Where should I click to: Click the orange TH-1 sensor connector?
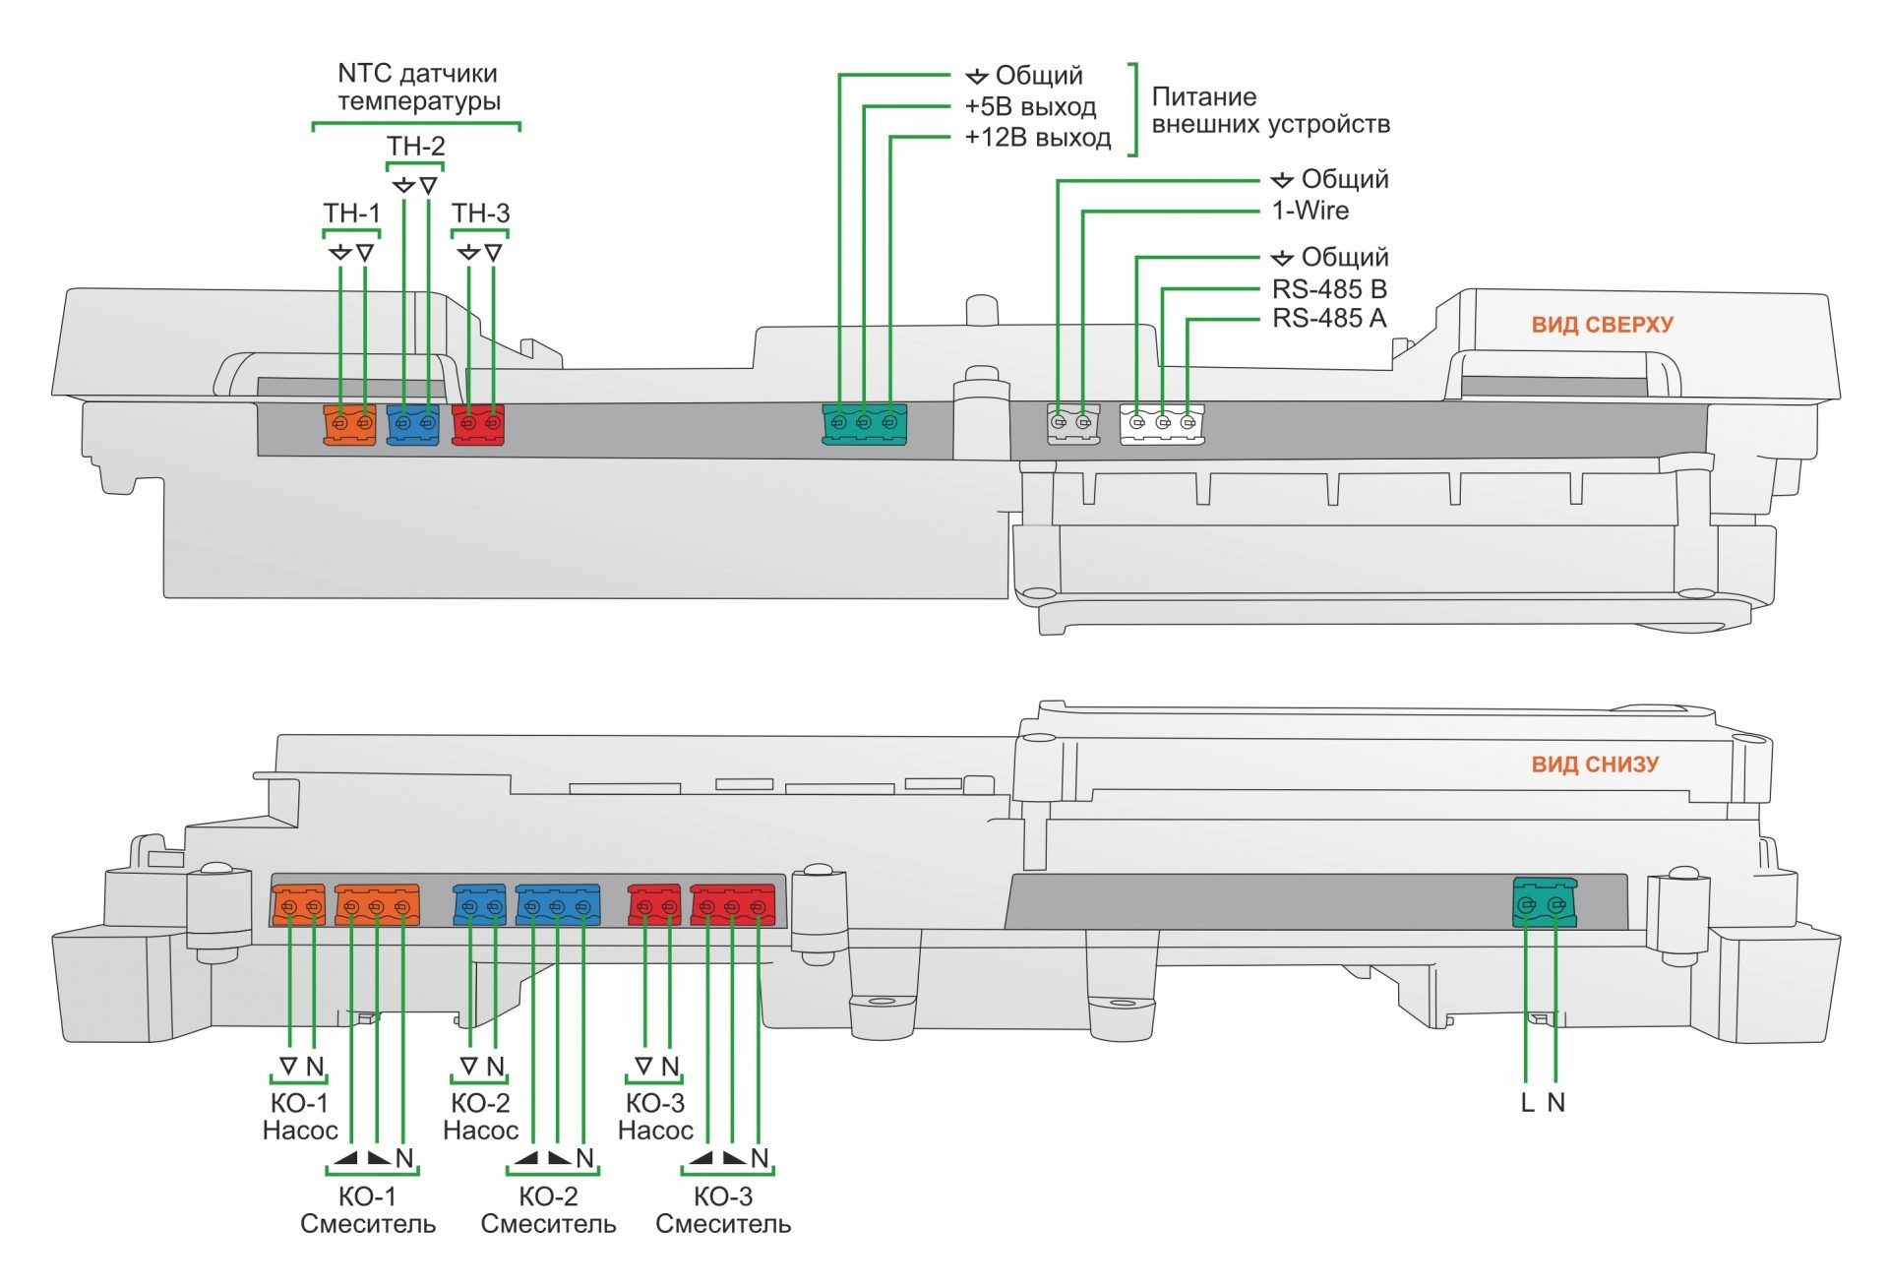pyautogui.click(x=350, y=424)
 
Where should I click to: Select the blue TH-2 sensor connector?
pyautogui.click(x=413, y=424)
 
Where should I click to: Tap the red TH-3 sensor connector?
pyautogui.click(x=478, y=424)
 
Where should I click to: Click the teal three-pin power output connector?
pyautogui.click(x=864, y=424)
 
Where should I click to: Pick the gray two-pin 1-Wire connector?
pyautogui.click(x=1071, y=424)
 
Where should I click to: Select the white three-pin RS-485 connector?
pyautogui.click(x=1162, y=424)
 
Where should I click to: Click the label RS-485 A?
pyautogui.click(x=1329, y=319)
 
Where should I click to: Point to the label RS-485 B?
pyautogui.click(x=1329, y=289)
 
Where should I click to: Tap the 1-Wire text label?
pyautogui.click(x=1310, y=211)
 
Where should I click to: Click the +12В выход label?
pyautogui.click(x=1038, y=138)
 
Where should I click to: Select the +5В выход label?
pyautogui.click(x=1030, y=107)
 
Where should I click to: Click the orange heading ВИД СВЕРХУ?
pyautogui.click(x=1602, y=325)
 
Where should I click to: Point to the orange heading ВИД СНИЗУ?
pyautogui.click(x=1595, y=765)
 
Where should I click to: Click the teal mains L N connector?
pyautogui.click(x=1544, y=903)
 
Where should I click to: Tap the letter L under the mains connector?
pyautogui.click(x=1527, y=1103)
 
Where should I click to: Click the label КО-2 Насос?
pyautogui.click(x=480, y=1117)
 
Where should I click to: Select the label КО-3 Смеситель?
pyautogui.click(x=723, y=1210)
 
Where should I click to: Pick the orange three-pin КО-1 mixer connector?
pyautogui.click(x=377, y=905)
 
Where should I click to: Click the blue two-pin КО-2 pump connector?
pyautogui.click(x=480, y=905)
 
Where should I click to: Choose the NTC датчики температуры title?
pyautogui.click(x=418, y=88)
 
